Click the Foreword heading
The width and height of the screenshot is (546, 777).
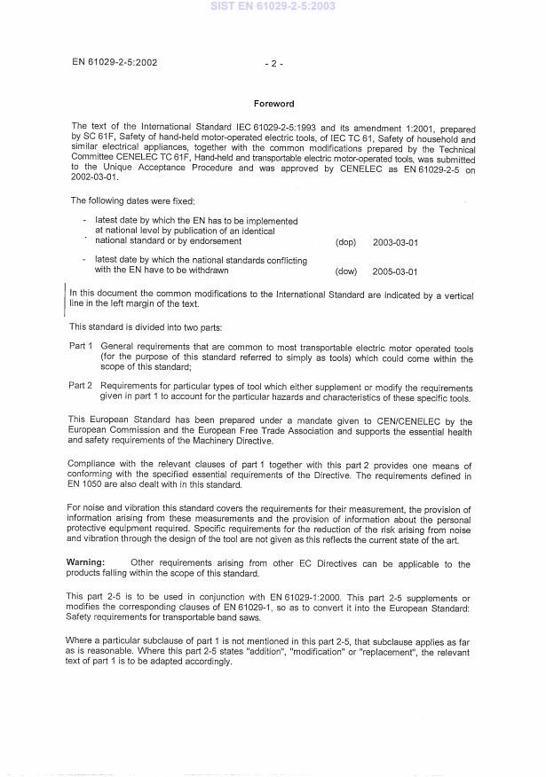coord(273,104)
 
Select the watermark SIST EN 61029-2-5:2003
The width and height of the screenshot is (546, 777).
coord(273,6)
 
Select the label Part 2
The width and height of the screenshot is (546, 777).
coord(81,387)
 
